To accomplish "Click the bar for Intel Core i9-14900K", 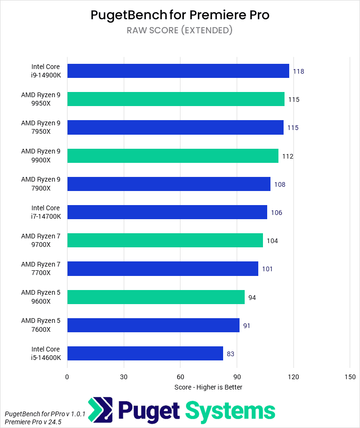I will point(178,71).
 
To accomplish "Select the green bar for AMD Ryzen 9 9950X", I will point(176,99).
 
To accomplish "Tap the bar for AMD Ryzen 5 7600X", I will point(153,325).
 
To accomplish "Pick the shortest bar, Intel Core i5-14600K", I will point(145,353).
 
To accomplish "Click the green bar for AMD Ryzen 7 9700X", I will point(165,240).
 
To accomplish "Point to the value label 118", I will point(299,71).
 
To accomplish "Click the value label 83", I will point(230,354).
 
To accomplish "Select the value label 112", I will point(287,156).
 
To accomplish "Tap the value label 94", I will point(252,298).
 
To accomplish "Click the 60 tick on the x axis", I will point(180,377).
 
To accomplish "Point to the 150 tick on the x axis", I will point(350,377).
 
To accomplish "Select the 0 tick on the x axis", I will point(67,377).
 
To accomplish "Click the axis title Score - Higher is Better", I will point(208,387).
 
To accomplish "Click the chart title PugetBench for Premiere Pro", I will point(180,15).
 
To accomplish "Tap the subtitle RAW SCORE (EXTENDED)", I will point(180,31).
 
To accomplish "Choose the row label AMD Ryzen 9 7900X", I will point(41,183).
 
